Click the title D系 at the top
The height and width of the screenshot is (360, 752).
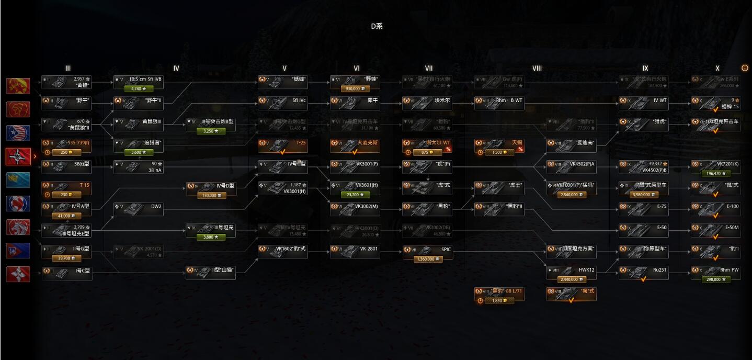(377, 26)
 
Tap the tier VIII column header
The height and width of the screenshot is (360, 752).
(537, 69)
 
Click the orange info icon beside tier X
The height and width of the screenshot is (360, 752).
(745, 68)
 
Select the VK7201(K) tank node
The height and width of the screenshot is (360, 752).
(715, 164)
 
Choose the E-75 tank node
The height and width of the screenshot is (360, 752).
(643, 206)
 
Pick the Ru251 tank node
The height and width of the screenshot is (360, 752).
(643, 271)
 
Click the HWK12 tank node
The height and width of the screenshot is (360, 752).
(571, 270)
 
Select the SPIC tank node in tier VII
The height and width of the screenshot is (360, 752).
(427, 250)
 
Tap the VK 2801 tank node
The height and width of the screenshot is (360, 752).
(355, 249)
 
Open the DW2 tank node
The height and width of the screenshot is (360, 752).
(138, 206)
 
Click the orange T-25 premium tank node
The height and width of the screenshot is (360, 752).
(282, 142)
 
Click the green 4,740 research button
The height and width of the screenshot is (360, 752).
(138, 89)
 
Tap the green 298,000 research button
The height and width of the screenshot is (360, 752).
(715, 279)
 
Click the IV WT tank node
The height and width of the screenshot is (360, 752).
(643, 100)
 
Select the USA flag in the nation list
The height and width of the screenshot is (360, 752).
(18, 133)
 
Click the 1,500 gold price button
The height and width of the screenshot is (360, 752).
(499, 153)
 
